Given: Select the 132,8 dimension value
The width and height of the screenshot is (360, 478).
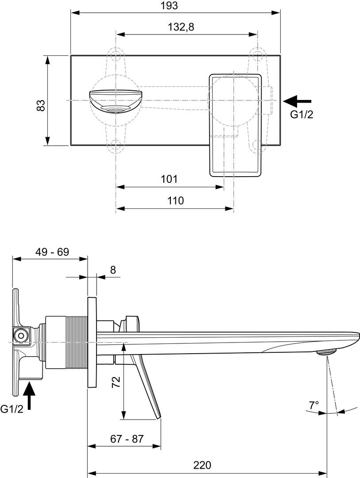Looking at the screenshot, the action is point(181,27).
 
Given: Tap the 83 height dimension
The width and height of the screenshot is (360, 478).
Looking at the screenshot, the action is point(41,105).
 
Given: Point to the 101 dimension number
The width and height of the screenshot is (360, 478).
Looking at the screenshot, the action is point(169,179).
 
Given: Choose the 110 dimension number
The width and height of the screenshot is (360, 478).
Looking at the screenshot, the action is point(176,200).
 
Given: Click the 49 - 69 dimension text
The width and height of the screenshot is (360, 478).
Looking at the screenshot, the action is point(52,252).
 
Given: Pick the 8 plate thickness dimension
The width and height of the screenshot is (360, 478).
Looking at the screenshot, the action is point(113,270).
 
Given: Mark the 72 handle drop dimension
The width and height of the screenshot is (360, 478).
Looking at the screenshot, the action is point(116,382).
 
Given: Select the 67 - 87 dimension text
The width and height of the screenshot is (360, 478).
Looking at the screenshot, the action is point(127,439).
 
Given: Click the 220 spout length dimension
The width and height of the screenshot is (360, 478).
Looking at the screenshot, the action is point(202,465).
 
